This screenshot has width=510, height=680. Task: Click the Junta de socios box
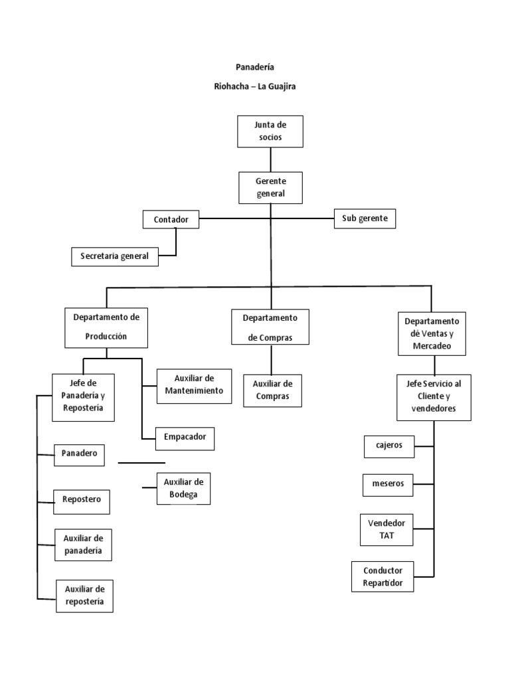tap(270, 131)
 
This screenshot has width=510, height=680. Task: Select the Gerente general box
tap(270, 187)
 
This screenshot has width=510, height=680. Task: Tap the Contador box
tap(171, 219)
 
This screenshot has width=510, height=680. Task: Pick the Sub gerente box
tap(365, 218)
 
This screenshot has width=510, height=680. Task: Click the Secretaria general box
tap(115, 256)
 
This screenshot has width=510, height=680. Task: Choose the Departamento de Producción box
tap(106, 327)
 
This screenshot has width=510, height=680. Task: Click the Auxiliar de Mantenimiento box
tap(195, 385)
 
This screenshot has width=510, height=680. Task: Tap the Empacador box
tap(185, 437)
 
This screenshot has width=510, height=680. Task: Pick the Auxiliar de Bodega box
tap(183, 488)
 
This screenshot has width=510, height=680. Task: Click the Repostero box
tap(82, 500)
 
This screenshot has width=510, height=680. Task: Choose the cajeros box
tap(388, 446)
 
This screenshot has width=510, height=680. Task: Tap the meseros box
tap(388, 484)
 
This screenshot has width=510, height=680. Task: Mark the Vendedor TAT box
tap(386, 529)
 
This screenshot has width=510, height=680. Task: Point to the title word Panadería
tap(256, 67)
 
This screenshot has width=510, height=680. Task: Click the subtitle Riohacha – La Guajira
tap(256, 86)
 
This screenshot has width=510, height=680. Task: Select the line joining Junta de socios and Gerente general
tap(270, 159)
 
